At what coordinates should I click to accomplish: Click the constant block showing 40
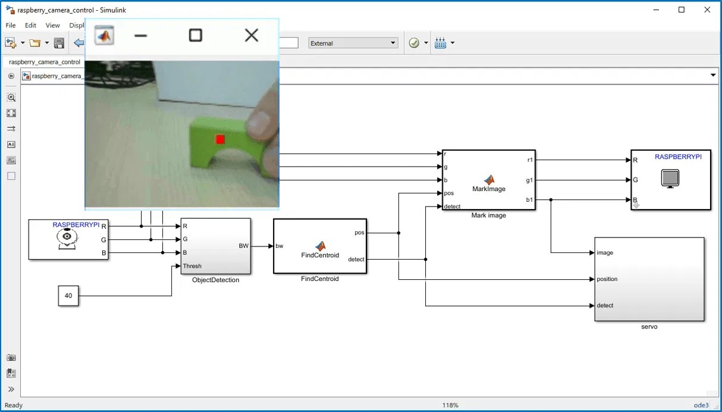[68, 296]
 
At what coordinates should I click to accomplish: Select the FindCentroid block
[319, 246]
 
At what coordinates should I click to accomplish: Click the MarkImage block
[488, 180]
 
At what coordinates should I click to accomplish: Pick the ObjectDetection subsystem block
[215, 246]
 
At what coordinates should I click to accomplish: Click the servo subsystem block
[649, 279]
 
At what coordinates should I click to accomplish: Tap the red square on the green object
[220, 139]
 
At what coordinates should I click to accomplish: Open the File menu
[11, 26]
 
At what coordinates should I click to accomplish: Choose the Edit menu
[30, 26]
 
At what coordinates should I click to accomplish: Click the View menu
[53, 26]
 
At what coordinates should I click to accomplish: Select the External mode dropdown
[353, 43]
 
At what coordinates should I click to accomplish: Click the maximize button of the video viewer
[195, 36]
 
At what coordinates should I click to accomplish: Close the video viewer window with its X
[252, 36]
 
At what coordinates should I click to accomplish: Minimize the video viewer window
[141, 36]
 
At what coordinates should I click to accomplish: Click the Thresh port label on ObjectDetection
[192, 266]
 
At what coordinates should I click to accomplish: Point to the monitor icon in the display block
[670, 179]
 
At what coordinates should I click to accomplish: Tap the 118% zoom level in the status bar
[450, 405]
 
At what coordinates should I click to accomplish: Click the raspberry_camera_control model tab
[45, 62]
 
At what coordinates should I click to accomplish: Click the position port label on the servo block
[607, 279]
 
